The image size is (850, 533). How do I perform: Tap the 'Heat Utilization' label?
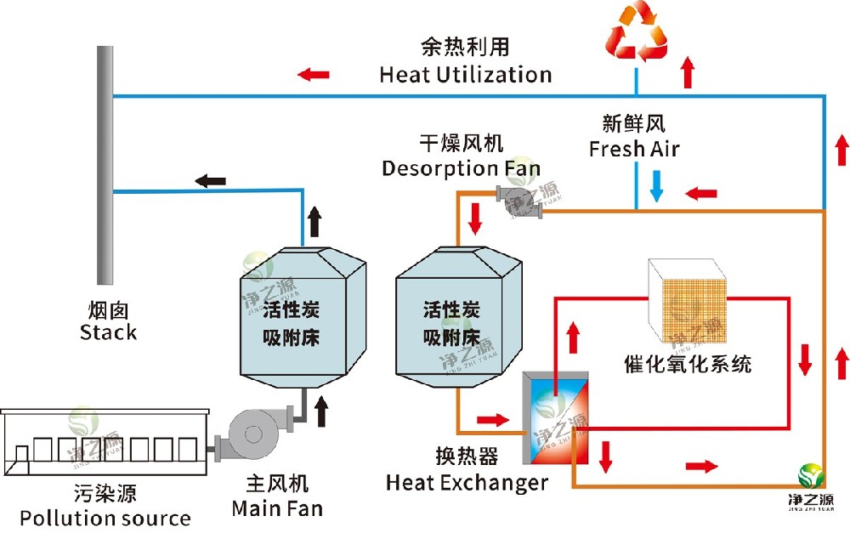click(x=465, y=74)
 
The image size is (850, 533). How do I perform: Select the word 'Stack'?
click(x=108, y=332)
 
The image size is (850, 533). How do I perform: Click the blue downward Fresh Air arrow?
click(x=655, y=185)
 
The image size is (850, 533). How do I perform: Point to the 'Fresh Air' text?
click(x=635, y=149)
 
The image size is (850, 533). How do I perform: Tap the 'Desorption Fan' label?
click(x=461, y=167)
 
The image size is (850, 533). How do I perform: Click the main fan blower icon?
click(x=252, y=435)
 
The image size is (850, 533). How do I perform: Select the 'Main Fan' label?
click(x=277, y=509)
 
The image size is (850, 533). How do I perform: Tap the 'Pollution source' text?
click(x=105, y=518)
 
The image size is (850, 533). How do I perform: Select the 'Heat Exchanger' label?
click(x=467, y=484)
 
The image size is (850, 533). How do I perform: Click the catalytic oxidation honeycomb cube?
click(x=689, y=298)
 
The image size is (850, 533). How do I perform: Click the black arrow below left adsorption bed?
click(x=321, y=411)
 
